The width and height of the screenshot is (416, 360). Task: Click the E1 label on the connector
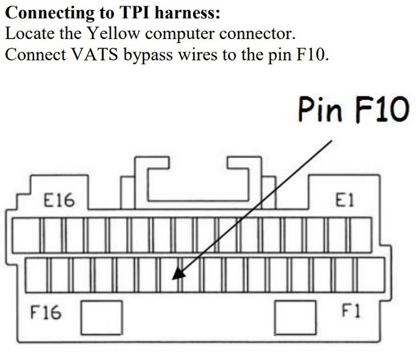click(344, 201)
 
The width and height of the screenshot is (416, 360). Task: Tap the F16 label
click(45, 313)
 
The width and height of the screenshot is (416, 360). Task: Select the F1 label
click(350, 311)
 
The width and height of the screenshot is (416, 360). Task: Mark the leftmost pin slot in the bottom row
click(36, 274)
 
